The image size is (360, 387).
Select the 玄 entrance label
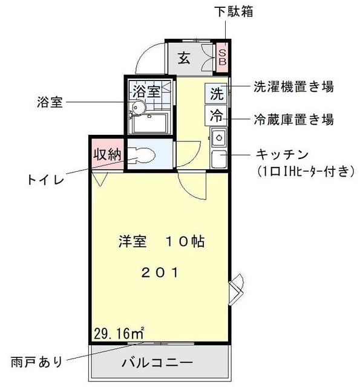click(184, 59)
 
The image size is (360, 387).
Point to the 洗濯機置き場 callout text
click(293, 87)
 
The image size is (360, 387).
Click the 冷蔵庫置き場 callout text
click(293, 119)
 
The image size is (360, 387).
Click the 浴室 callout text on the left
click(50, 102)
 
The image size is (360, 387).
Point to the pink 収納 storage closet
click(107, 154)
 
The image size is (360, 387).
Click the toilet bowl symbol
click(139, 156)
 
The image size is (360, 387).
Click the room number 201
click(160, 272)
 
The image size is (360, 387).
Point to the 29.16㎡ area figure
click(119, 332)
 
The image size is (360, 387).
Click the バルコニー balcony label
click(157, 363)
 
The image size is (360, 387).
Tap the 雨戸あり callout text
click(36, 363)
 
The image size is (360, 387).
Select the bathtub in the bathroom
click(149, 124)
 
